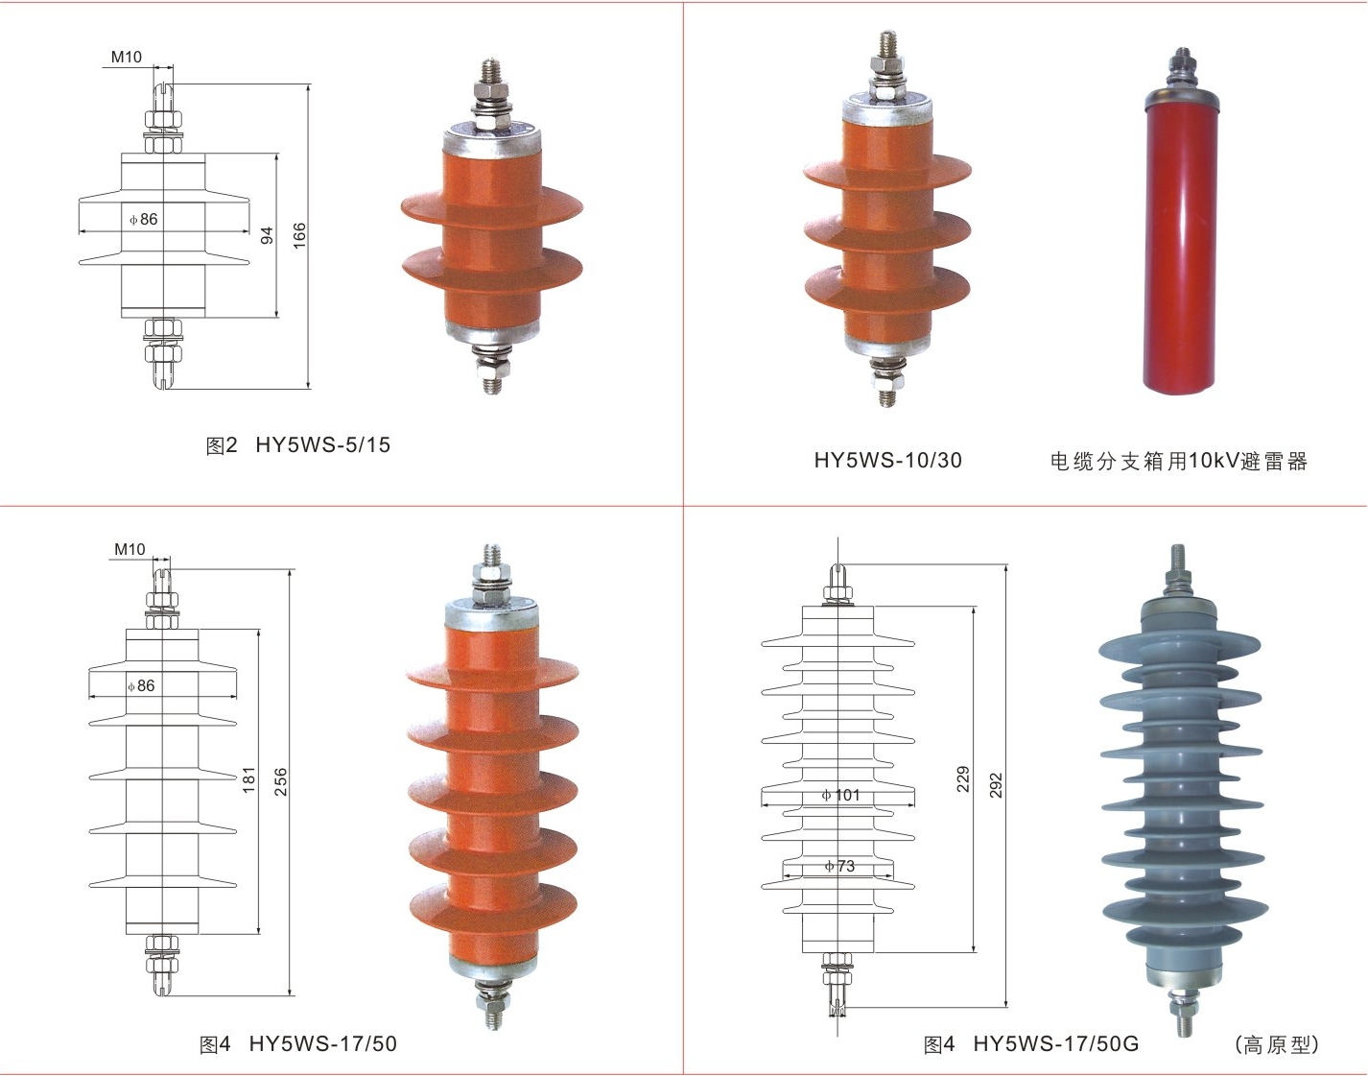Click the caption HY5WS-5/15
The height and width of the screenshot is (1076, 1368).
pos(323,445)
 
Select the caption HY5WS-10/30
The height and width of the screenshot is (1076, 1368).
pos(888,461)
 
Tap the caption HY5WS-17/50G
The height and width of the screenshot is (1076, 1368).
pos(1056,1044)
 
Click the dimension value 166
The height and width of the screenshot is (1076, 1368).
pos(298,235)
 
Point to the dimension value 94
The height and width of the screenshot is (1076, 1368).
pos(267,235)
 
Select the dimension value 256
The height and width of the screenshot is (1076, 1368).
pos(280,782)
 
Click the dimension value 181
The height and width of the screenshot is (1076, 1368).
pos(248,779)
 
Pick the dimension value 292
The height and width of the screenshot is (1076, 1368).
pos(996,785)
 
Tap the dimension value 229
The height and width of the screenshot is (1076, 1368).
pos(963,779)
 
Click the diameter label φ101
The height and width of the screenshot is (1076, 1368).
pos(840,795)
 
